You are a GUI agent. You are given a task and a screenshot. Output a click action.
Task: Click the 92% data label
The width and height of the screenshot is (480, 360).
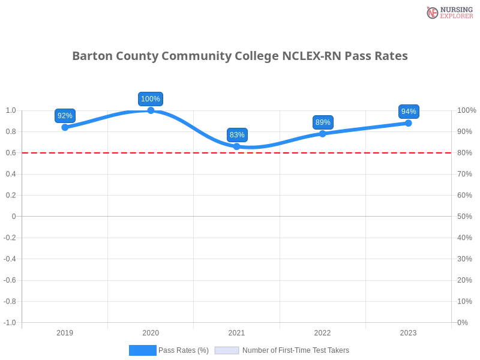65,116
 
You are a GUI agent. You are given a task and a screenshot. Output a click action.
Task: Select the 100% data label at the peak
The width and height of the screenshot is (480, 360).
151,99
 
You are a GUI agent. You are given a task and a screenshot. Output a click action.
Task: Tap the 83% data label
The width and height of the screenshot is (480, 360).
237,135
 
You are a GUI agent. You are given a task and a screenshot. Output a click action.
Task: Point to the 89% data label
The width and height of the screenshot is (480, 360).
323,122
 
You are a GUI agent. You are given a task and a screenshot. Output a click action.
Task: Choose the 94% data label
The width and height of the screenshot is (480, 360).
409,112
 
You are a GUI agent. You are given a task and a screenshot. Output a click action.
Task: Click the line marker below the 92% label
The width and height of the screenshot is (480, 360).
65,127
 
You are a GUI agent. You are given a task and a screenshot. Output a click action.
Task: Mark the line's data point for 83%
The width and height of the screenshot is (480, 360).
237,146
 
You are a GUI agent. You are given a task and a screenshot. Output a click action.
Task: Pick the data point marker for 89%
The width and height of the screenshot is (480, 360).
323,133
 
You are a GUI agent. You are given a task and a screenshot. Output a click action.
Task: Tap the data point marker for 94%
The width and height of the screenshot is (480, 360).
409,122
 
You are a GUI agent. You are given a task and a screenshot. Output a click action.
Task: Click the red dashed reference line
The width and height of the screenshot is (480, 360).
180,152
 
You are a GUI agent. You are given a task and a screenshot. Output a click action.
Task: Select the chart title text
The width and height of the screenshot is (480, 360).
240,56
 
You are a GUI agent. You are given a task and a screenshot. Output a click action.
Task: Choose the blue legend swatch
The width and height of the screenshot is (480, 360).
142,350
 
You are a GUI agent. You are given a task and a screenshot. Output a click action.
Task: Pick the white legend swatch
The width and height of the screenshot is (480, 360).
227,350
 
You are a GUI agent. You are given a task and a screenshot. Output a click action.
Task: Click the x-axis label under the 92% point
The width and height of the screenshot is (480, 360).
65,331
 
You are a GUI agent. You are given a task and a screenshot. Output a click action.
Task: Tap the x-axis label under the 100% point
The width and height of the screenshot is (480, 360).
151,331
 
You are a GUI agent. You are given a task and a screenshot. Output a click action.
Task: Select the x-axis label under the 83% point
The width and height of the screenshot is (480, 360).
236,331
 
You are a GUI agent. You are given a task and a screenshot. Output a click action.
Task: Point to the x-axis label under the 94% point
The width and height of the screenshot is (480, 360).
408,331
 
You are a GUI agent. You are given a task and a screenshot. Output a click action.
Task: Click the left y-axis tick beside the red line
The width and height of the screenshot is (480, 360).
11,153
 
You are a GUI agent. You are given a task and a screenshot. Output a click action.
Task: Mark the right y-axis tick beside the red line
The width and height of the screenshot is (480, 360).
465,153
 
